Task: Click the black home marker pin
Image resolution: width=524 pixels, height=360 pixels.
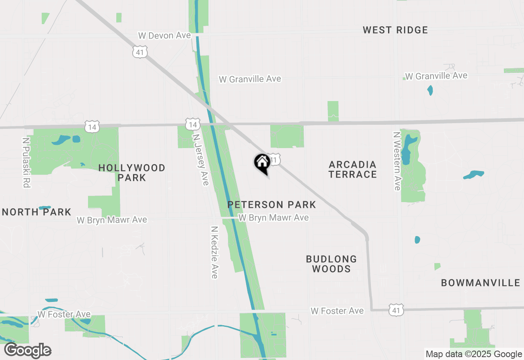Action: [x=262, y=163]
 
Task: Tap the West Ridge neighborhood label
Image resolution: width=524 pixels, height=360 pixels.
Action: [x=395, y=30]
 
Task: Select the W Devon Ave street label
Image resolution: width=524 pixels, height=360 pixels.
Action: [x=164, y=36]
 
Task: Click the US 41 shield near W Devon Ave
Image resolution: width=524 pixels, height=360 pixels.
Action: [x=140, y=52]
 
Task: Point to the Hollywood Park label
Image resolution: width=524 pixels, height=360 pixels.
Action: [x=132, y=173]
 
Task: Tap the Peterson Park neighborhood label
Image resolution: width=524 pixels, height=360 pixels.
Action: [x=271, y=205]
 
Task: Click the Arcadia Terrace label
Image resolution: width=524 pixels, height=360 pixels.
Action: [x=352, y=169]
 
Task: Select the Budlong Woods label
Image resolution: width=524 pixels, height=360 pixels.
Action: [x=331, y=264]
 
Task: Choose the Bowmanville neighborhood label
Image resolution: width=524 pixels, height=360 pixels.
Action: [x=480, y=283]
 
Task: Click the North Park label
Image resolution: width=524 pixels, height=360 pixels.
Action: [x=37, y=212]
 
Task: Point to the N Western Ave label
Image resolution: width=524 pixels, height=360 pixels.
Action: [x=396, y=161]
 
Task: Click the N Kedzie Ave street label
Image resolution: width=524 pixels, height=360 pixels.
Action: [x=214, y=252]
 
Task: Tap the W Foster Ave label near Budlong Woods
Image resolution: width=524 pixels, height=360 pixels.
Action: [x=337, y=311]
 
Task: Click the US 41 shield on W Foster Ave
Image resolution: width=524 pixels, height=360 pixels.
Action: [x=397, y=310]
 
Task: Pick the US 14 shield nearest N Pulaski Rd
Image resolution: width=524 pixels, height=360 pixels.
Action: [x=93, y=127]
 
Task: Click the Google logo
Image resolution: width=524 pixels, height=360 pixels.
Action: [x=27, y=351]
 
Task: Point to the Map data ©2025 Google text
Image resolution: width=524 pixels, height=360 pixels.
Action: [x=474, y=354]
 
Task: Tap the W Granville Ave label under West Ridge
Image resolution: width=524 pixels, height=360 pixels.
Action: [x=436, y=76]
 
